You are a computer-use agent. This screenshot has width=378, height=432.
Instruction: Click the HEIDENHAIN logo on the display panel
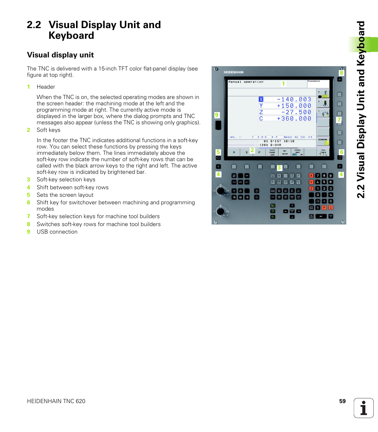coord(233,72)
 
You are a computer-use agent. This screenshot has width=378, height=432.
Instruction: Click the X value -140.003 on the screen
coord(294,99)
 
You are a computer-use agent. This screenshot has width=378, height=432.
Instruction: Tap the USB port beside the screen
coord(218,126)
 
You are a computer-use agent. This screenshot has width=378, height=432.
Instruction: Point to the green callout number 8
coord(341,73)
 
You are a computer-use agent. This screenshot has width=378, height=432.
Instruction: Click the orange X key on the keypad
coord(311,175)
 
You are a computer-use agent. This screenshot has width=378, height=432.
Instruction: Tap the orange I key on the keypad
coord(330,207)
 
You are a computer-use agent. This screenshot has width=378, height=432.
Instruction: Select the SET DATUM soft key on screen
coord(284,152)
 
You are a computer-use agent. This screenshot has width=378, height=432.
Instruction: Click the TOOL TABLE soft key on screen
coord(323,152)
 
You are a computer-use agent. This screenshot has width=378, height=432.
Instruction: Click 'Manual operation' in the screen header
coord(246,82)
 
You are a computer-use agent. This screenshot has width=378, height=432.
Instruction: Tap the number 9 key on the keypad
coord(330,175)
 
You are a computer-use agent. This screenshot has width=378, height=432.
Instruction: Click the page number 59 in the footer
coord(342,401)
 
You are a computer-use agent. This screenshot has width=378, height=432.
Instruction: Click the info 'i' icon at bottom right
coord(364,408)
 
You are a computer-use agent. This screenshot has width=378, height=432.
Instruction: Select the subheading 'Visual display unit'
coord(60,55)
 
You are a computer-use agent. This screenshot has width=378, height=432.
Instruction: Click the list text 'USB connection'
coord(57,232)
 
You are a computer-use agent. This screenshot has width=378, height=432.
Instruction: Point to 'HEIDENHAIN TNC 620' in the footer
coord(56,401)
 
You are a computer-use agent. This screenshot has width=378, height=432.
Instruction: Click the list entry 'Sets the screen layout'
coord(65,195)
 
